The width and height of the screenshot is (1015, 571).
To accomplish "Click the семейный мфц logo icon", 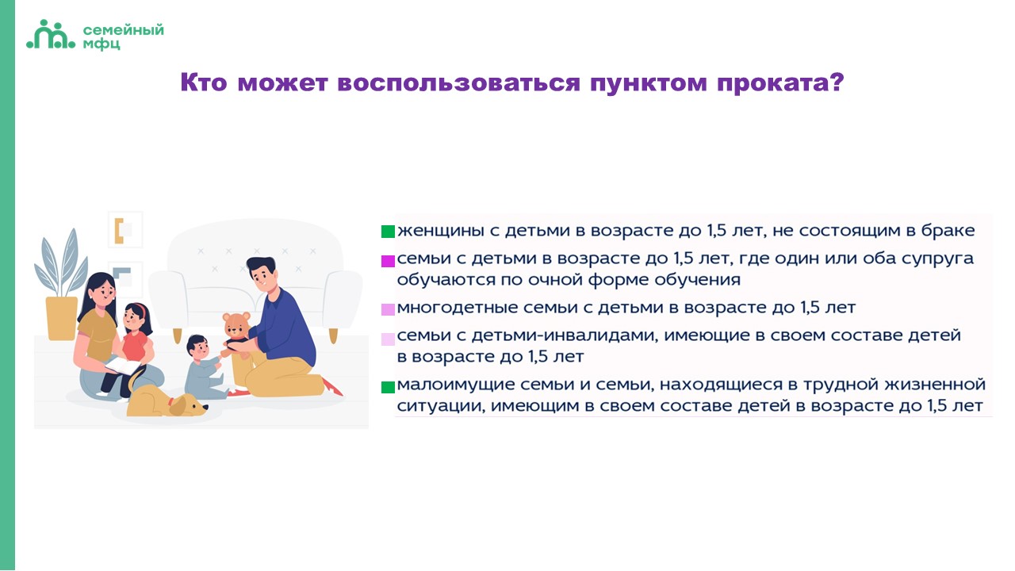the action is [50, 34].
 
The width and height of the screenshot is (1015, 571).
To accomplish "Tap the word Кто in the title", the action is [204, 82].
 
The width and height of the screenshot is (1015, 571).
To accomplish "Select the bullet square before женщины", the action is [388, 232].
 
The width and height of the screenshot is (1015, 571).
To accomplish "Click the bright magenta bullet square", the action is [388, 262].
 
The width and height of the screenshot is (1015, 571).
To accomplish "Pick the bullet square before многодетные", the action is [388, 309].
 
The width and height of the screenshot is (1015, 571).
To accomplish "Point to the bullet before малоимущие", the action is [388, 387].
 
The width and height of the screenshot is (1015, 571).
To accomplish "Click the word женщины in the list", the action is [442, 231].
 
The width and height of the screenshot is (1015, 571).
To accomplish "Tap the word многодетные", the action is [457, 308].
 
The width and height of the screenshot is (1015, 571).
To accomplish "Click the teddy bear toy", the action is [236, 331].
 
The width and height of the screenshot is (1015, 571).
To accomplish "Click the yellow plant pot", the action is [62, 318].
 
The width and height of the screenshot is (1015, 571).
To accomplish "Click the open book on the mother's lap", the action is [122, 366].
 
